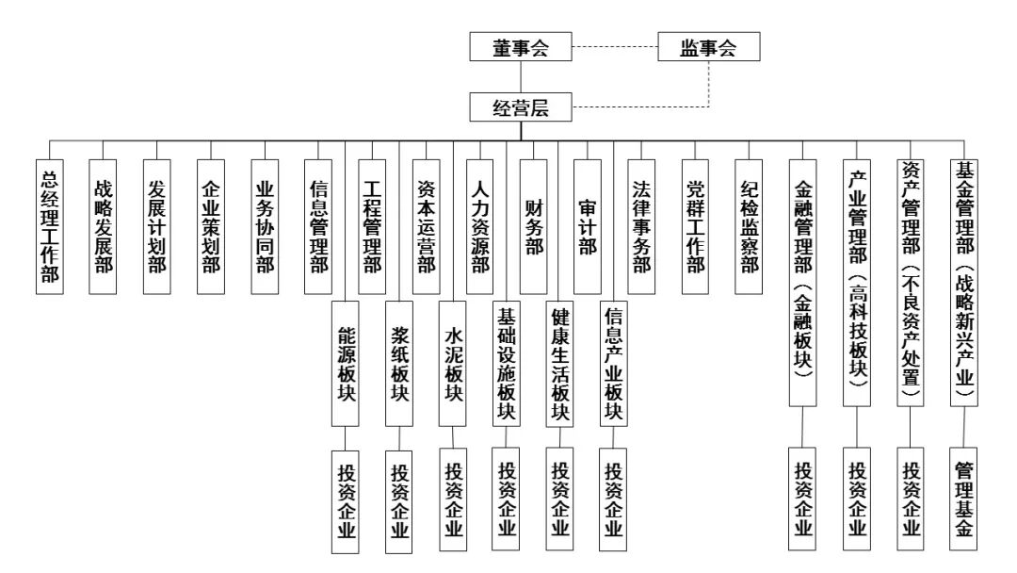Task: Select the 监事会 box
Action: point(708,48)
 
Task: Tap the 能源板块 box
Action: point(346,363)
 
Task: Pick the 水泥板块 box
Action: point(454,363)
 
